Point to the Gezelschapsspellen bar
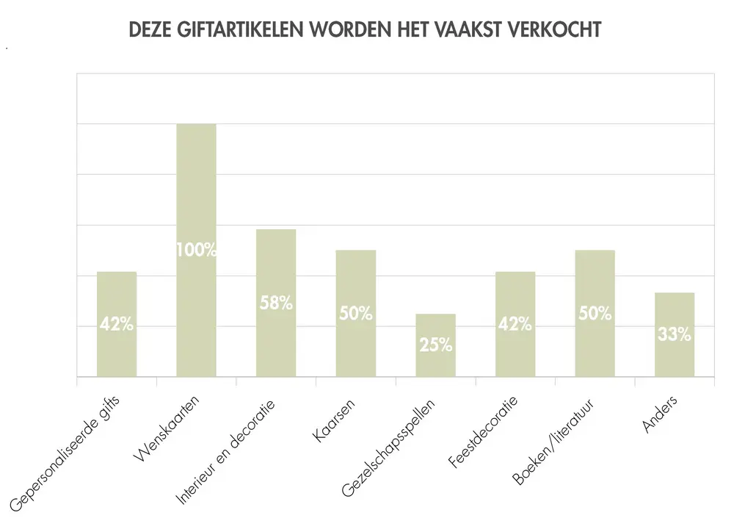click(x=436, y=360)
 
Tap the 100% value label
click(x=196, y=250)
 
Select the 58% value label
click(x=276, y=302)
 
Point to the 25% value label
click(x=436, y=345)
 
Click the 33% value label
click(x=675, y=334)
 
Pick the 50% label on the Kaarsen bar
click(x=356, y=314)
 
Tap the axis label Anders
click(x=660, y=414)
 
